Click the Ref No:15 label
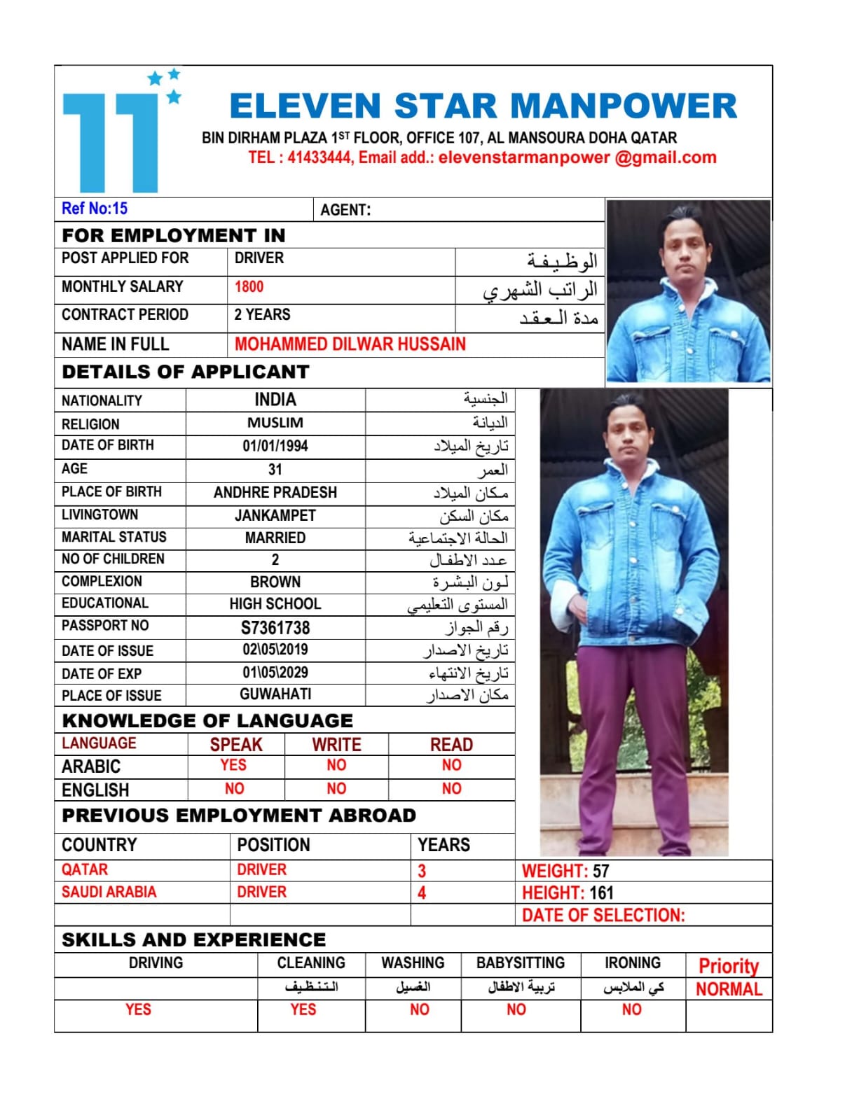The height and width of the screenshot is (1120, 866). point(95,209)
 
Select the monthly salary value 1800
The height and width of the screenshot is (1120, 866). point(249,287)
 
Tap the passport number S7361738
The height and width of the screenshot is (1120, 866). point(275,628)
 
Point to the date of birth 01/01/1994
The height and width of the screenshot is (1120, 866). point(275,446)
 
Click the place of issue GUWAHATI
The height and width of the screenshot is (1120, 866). point(275,694)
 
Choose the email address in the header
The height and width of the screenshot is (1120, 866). point(577,157)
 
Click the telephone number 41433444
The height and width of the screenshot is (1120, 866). point(319,157)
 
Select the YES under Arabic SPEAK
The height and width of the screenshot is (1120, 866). point(233,765)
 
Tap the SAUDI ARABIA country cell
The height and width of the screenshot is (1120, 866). point(109,892)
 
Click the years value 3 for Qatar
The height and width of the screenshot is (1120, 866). point(422,871)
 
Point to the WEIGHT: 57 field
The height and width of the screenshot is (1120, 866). point(565,871)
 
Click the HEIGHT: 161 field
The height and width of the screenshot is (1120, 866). point(568,892)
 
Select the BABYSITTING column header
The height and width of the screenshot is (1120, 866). point(520,963)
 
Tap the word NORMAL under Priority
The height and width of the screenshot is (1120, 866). point(729,989)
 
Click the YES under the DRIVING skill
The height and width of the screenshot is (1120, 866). point(138,1009)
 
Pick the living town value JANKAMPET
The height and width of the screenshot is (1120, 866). point(275,516)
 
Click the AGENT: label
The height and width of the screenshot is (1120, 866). point(345,210)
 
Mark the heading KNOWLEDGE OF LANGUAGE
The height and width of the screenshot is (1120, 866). point(207,720)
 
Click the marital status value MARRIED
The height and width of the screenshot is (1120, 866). point(275,538)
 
